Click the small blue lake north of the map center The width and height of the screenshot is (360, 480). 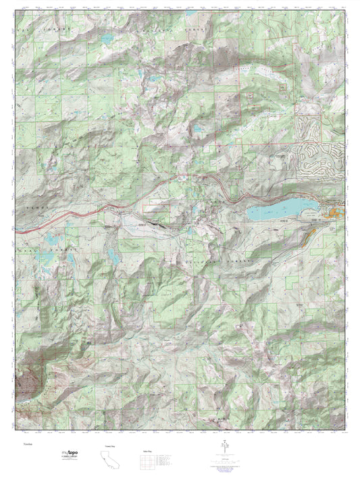(198, 128)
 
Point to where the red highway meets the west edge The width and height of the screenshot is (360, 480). (16, 230)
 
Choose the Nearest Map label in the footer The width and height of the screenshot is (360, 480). (107, 446)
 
